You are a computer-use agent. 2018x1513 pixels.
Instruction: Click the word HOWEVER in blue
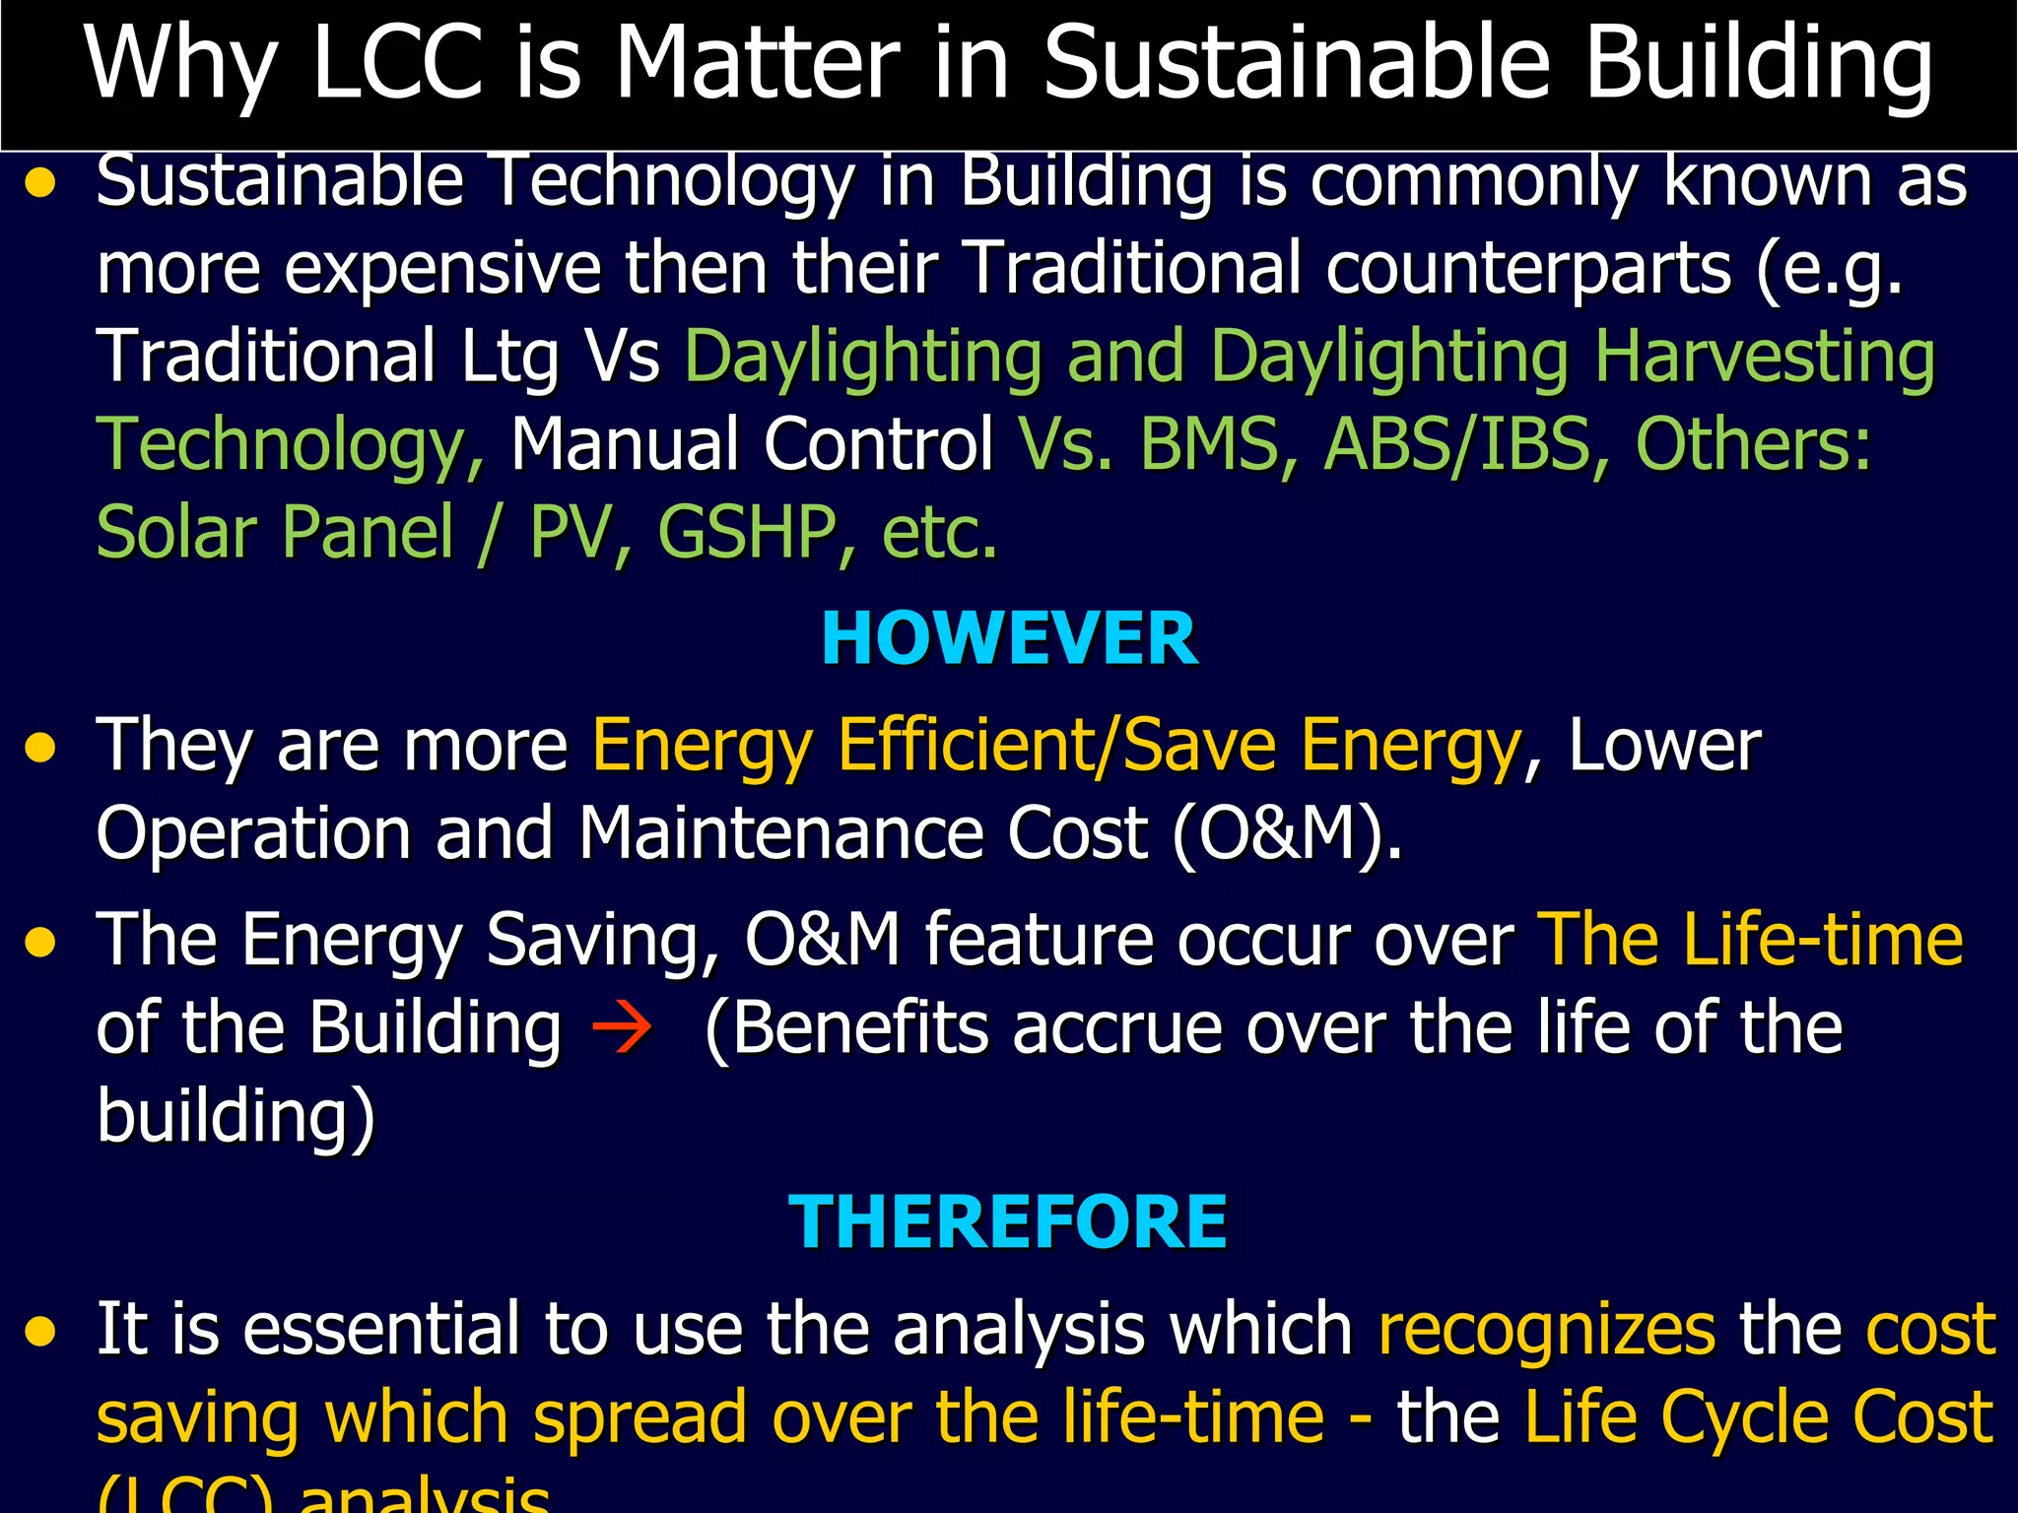[1009, 639]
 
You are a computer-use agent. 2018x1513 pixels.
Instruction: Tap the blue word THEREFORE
[1007, 1222]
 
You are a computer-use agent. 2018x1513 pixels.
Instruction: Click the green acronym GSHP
[747, 533]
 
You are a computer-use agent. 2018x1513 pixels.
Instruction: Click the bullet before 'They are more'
[40, 749]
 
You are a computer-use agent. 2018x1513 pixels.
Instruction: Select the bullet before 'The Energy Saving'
[40, 943]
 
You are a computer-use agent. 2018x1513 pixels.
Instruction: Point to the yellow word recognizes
[1546, 1330]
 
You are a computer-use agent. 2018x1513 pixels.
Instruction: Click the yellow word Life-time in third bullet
[1823, 940]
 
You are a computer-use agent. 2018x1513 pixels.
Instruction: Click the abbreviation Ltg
[510, 359]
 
